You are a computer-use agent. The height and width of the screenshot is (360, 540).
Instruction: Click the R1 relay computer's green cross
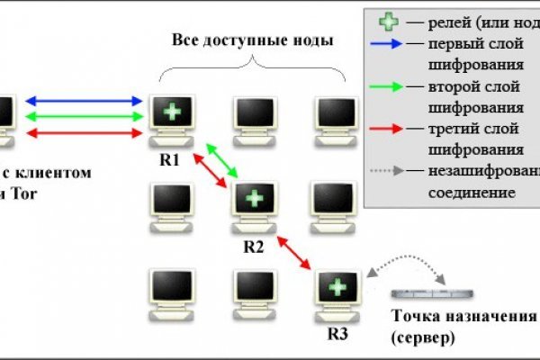(168, 111)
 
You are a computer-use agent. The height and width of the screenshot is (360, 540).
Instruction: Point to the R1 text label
(169, 159)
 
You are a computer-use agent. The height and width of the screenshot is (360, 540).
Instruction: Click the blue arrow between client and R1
(86, 101)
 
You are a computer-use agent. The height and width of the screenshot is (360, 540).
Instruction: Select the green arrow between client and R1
(86, 116)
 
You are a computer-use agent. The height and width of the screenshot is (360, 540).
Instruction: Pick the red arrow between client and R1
(86, 132)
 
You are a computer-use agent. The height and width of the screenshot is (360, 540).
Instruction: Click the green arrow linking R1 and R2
(221, 159)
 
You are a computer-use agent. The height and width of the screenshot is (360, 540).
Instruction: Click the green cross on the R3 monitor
(336, 288)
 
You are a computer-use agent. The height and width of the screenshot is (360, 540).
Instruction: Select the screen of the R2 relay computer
(254, 198)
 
